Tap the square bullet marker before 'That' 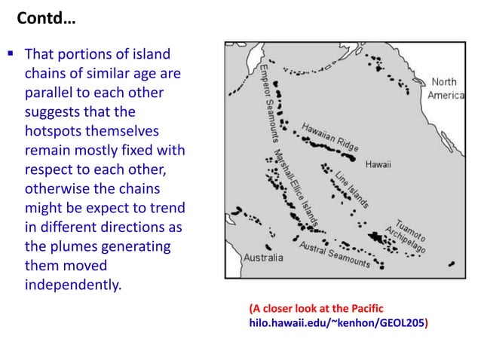tap(13, 56)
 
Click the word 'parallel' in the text tap(49, 93)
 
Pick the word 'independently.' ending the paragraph tap(72, 285)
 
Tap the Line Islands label tap(352, 189)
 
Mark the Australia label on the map tap(262, 258)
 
